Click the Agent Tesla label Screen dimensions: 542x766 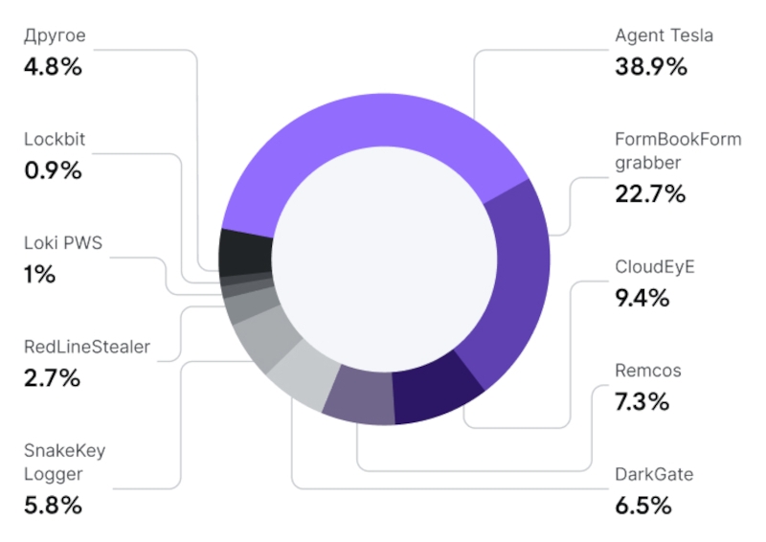coord(664,36)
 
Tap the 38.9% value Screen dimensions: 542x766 coord(651,67)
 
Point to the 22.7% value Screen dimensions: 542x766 coord(650,193)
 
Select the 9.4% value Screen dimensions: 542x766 coord(642,297)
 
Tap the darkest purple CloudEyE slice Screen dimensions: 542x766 coord(437,393)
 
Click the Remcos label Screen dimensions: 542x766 coord(648,371)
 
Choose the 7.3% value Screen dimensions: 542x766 coord(642,401)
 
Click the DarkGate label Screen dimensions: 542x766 coord(654,474)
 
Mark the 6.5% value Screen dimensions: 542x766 coord(642,505)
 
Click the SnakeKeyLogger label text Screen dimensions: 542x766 coord(64,462)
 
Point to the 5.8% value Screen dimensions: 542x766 coord(53,505)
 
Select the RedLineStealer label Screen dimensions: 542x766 coord(87,347)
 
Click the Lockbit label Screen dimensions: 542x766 coord(55,139)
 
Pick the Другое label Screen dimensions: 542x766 coord(55,36)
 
